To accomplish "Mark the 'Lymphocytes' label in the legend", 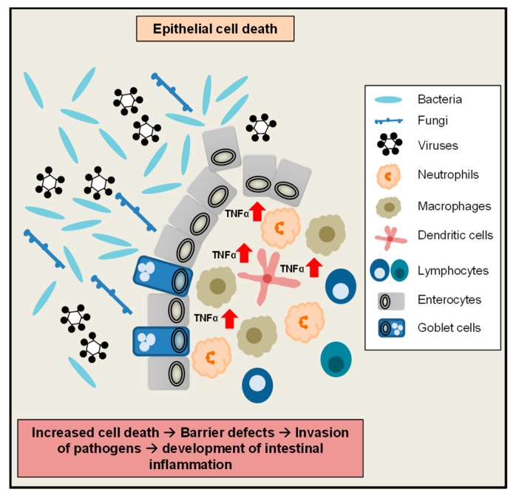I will coord(452,270).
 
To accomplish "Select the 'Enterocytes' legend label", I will coord(450,300).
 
